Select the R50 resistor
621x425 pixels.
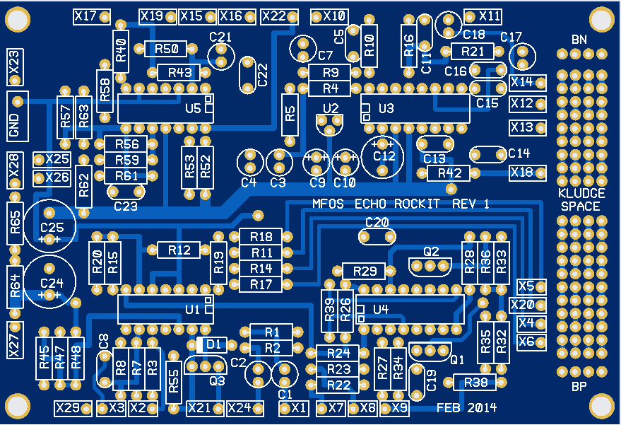pyautogui.click(x=165, y=49)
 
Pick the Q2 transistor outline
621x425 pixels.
pyautogui.click(x=430, y=266)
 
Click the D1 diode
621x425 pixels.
pyautogui.click(x=213, y=345)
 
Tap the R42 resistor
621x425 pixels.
pyautogui.click(x=449, y=173)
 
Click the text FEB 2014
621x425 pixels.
pyautogui.click(x=466, y=408)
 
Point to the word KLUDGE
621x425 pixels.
pyautogui.click(x=581, y=194)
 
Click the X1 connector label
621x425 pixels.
pyautogui.click(x=294, y=408)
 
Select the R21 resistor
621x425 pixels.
pyautogui.click(x=473, y=51)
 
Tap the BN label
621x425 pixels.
pyautogui.click(x=579, y=38)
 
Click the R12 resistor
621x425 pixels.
pyautogui.click(x=179, y=250)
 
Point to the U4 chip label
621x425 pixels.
pyautogui.click(x=381, y=309)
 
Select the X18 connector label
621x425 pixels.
pyautogui.click(x=527, y=172)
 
